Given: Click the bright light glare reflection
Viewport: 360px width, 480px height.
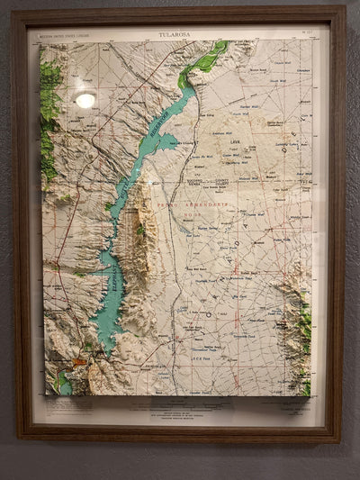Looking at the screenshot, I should (x=85, y=100).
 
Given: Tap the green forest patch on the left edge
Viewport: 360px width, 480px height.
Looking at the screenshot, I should (x=49, y=117).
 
